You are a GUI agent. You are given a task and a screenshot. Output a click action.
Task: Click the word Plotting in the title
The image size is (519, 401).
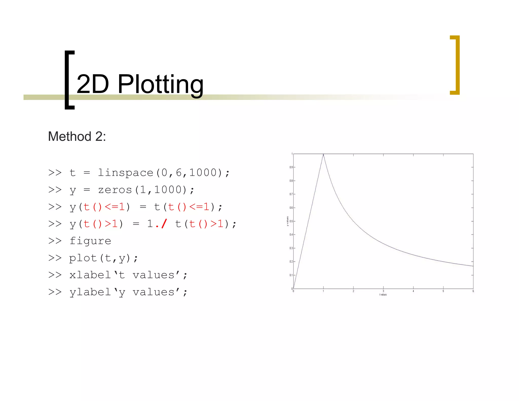tap(160, 84)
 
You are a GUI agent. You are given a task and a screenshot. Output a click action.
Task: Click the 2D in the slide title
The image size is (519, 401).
tap(92, 84)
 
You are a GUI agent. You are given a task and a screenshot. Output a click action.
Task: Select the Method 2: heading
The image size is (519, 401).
tap(77, 136)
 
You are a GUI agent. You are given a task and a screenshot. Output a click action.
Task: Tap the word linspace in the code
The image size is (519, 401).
tap(125, 173)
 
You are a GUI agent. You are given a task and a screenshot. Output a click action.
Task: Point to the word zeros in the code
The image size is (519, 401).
tap(115, 190)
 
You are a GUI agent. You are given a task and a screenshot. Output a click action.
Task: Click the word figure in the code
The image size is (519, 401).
tap(90, 241)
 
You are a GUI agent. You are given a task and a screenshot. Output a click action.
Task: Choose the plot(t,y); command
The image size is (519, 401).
tap(104, 258)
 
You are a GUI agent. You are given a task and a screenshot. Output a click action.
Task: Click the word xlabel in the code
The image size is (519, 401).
tap(90, 275)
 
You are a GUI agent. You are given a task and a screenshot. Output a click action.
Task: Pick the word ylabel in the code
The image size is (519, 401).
tap(90, 292)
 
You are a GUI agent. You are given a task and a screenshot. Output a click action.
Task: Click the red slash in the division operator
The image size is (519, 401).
tap(164, 224)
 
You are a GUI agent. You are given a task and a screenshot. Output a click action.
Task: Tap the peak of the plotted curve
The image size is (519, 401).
tap(323, 154)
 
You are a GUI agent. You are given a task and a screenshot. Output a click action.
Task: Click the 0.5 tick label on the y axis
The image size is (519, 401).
tap(291, 221)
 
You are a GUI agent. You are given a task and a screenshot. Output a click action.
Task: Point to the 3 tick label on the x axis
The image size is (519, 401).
tap(383, 291)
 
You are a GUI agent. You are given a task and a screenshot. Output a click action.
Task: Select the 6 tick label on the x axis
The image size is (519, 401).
tap(473, 291)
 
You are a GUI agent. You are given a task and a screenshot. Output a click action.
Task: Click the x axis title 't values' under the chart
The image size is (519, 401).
tap(383, 295)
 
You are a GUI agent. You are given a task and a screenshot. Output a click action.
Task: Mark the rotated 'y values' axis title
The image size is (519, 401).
tap(287, 221)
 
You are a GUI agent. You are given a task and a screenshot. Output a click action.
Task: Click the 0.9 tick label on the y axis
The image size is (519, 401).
tap(291, 167)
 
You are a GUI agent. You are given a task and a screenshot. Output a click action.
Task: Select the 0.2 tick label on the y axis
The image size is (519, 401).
tap(291, 262)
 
